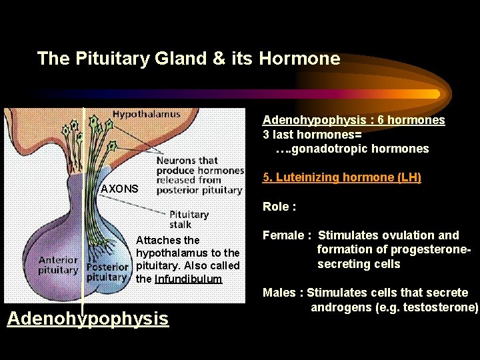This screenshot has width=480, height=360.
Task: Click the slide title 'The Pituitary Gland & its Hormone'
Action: (189, 59)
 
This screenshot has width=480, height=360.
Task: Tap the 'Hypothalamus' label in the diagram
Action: (146, 114)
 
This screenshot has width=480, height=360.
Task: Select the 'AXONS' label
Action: (119, 189)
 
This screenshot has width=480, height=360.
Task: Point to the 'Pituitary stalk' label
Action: (189, 219)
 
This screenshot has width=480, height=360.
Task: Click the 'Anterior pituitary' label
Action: (58, 265)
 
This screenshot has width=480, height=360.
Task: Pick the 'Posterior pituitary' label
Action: (107, 271)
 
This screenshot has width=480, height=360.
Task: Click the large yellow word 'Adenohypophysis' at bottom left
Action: (88, 319)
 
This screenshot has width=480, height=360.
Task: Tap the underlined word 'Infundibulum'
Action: (188, 279)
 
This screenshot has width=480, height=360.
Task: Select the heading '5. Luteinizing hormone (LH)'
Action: (342, 178)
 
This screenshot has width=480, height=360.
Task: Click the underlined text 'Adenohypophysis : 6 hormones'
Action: (353, 120)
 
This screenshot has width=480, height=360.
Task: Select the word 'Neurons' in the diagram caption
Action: (177, 160)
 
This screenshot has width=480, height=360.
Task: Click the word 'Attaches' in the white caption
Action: (159, 240)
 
